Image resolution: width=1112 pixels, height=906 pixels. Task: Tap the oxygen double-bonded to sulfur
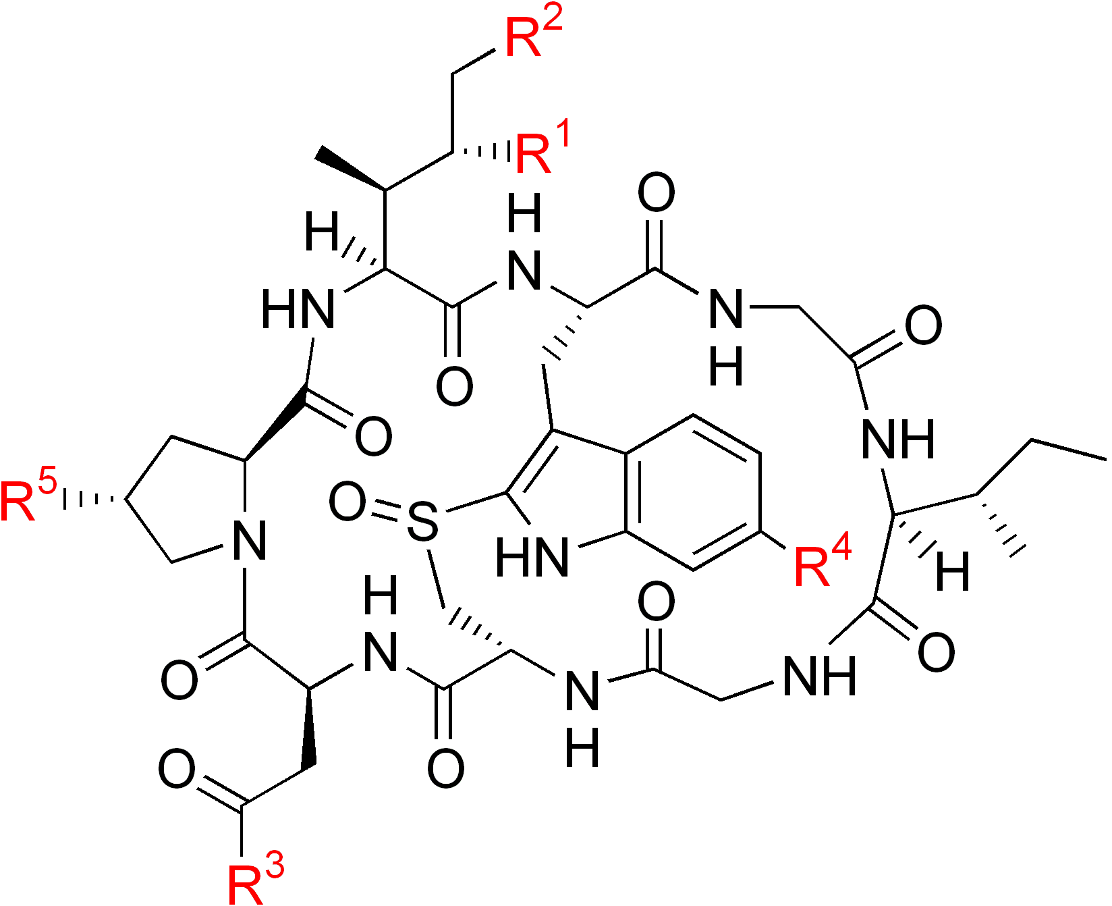tap(347, 502)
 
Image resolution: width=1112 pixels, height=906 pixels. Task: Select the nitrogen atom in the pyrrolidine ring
tap(248, 540)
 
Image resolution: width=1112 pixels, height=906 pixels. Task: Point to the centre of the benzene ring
tap(694, 493)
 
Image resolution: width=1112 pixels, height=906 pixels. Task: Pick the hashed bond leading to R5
tap(91, 500)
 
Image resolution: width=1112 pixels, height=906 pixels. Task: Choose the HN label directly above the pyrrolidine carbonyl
tap(297, 309)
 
